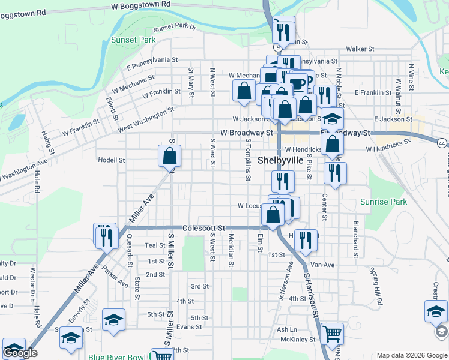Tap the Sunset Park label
pyautogui.click(x=133, y=40)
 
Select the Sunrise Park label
pyautogui.click(x=383, y=202)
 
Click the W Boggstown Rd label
pyautogui.click(x=141, y=4)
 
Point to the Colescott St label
pyautogui.click(x=203, y=229)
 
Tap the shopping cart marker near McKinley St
pyautogui.click(x=331, y=333)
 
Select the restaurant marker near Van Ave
pyautogui.click(x=306, y=239)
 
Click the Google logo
pyautogui.click(x=20, y=353)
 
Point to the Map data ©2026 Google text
pyautogui.click(x=411, y=355)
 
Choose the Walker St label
pyautogui.click(x=360, y=49)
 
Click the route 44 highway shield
pyautogui.click(x=442, y=143)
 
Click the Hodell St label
pyautogui.click(x=112, y=160)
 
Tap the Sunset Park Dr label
pyautogui.click(x=175, y=28)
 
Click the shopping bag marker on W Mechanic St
pyautogui.click(x=244, y=91)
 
